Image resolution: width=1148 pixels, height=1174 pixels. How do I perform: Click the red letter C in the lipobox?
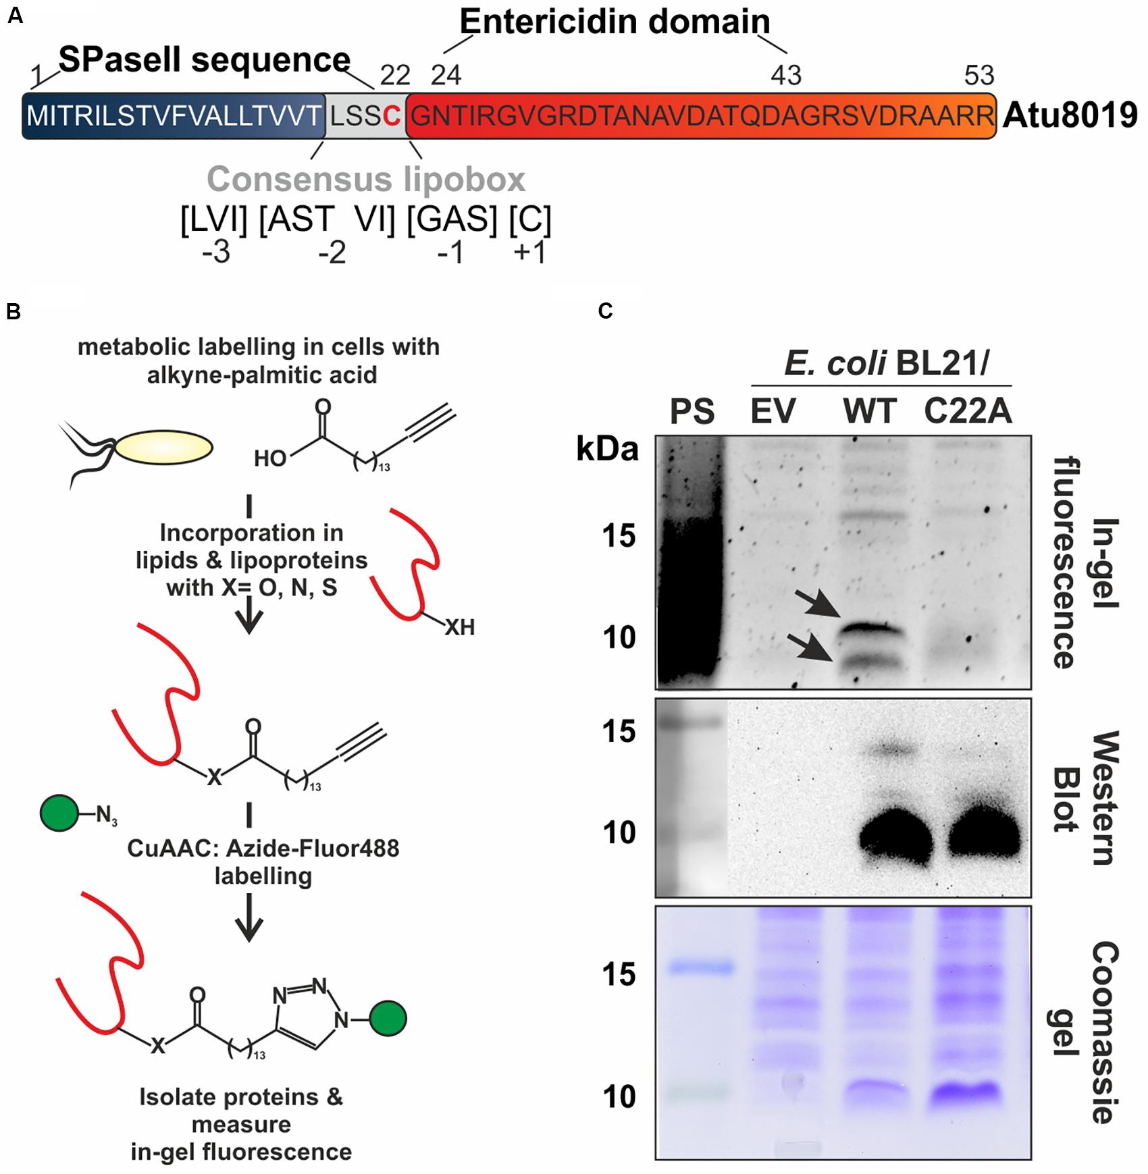coord(392,116)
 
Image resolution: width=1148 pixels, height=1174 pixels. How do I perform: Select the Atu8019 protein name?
coord(1070,115)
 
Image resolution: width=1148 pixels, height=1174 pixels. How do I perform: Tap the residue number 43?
coord(786,76)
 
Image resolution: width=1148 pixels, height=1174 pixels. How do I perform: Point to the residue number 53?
coord(979,76)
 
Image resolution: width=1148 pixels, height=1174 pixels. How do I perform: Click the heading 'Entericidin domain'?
coord(615,22)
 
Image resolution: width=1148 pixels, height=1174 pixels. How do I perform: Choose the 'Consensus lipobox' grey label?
coord(366,179)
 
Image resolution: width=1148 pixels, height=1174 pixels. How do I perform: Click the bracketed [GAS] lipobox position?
coord(452,219)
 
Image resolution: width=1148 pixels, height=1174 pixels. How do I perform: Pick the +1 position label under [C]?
coord(529,252)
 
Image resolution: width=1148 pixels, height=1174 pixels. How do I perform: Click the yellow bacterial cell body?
coord(164,448)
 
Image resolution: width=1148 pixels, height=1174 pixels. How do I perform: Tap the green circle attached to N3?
coord(59,813)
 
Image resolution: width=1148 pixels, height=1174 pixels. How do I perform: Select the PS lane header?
coord(692,411)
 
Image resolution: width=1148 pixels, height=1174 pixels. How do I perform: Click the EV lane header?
coord(773,411)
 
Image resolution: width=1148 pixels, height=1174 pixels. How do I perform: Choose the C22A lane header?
coord(968,411)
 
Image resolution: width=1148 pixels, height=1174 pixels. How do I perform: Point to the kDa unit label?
coord(607,449)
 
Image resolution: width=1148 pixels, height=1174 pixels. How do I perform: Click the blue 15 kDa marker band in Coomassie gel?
coord(701,968)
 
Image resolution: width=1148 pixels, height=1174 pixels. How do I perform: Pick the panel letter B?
coord(14,311)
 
